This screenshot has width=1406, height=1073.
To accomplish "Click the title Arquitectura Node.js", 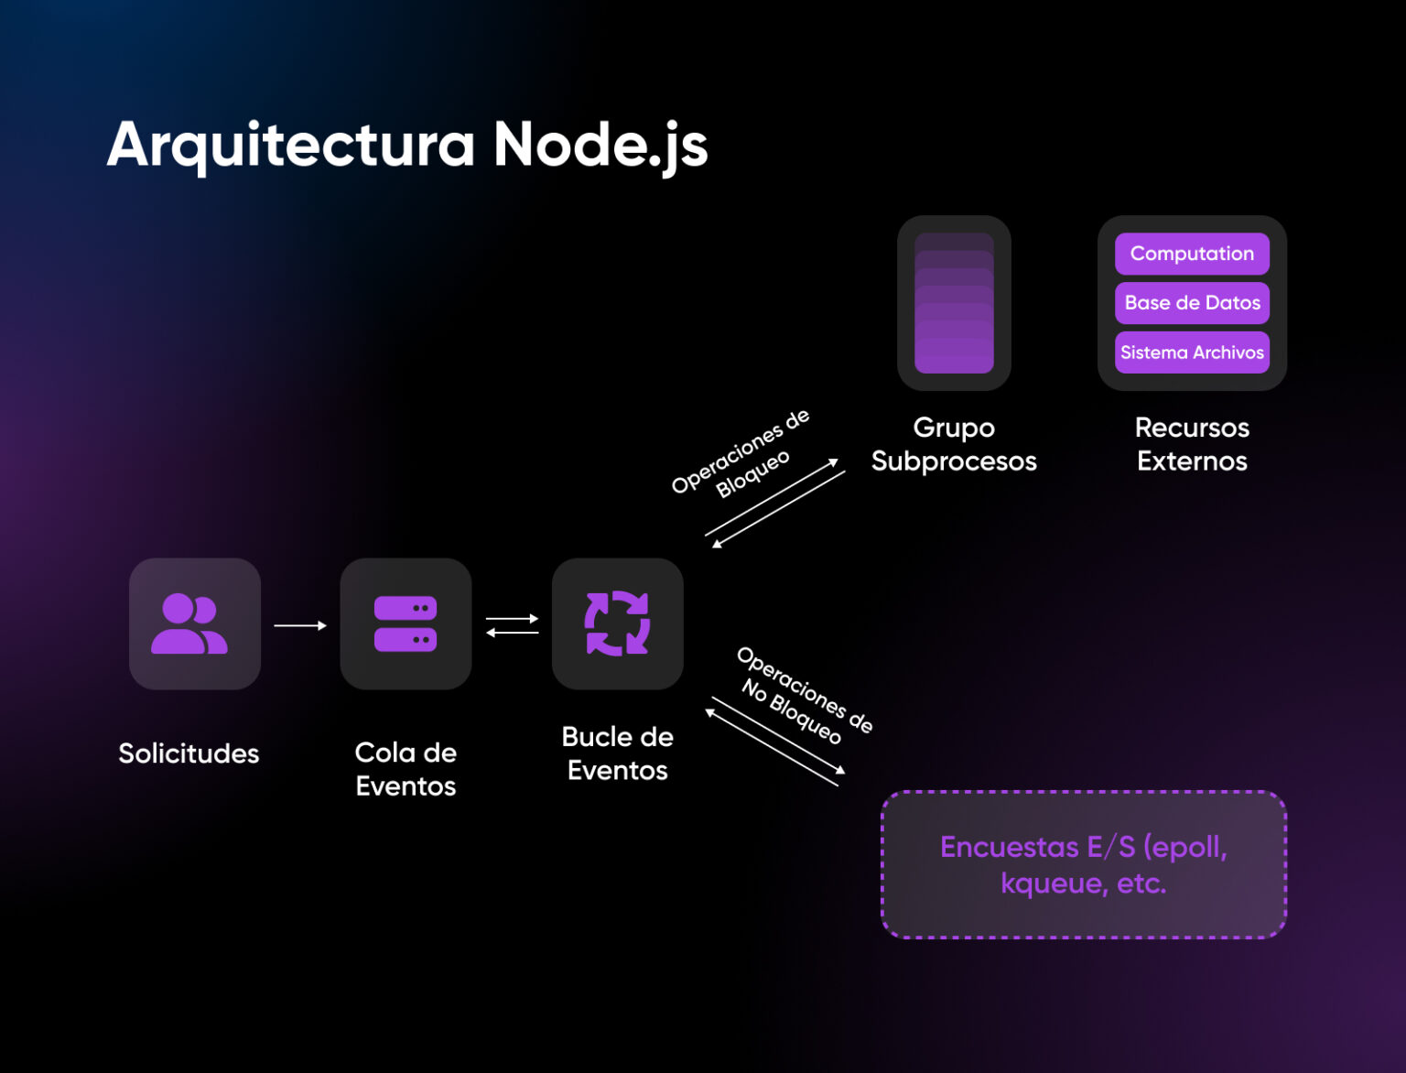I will tap(407, 145).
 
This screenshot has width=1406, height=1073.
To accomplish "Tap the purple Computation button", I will tap(1192, 254).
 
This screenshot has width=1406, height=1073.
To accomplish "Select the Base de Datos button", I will tap(1192, 303).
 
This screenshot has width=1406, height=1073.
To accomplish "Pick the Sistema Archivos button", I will tap(1192, 352).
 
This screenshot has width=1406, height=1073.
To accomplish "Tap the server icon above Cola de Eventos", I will tap(406, 623).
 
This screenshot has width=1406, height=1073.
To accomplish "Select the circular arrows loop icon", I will tap(617, 623).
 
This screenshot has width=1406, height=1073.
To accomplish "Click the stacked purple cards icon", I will tap(954, 303).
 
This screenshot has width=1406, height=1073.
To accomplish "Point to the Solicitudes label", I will tap(189, 753).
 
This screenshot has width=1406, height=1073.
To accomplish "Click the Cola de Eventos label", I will tap(406, 769).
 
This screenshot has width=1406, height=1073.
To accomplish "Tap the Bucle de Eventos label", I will tap(617, 753).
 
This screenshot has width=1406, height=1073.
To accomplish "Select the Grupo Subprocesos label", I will tap(954, 444).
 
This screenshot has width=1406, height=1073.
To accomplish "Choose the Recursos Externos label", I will tap(1192, 444).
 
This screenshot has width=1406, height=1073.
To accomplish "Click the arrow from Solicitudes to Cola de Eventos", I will tap(300, 625).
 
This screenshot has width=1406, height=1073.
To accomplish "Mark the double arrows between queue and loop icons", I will tap(512, 625).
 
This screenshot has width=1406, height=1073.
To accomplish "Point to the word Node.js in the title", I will tap(600, 145).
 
